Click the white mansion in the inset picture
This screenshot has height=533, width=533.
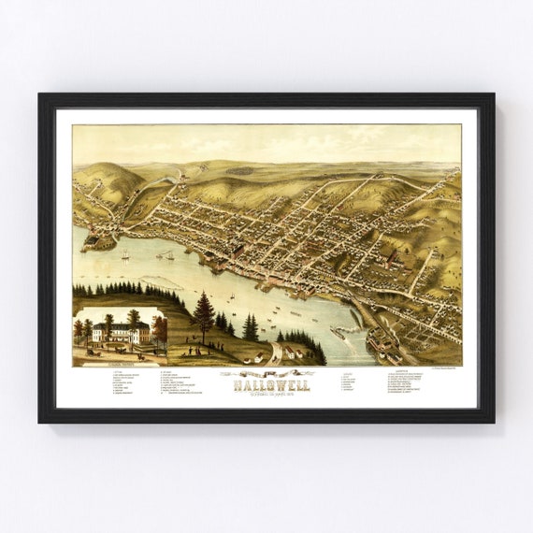pyautogui.click(x=120, y=332)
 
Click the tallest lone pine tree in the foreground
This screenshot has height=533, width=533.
pyautogui.click(x=203, y=315)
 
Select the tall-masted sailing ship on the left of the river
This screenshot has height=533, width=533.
pyautogui.click(x=125, y=253)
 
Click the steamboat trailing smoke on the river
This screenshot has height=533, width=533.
pyautogui.click(x=166, y=254)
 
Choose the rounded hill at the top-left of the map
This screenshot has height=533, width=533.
pyautogui.click(x=108, y=178)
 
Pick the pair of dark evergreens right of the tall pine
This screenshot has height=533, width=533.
pyautogui.click(x=251, y=327)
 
